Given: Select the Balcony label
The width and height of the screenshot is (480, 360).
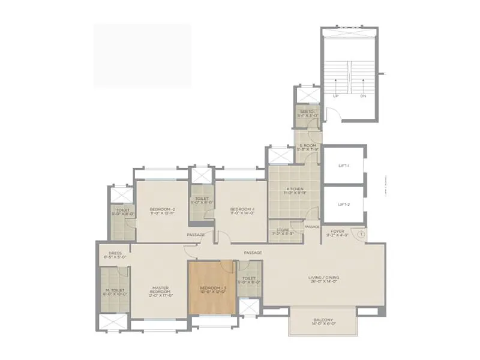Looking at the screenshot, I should tap(323, 320).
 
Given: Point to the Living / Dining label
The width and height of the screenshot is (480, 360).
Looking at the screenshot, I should tap(324, 277).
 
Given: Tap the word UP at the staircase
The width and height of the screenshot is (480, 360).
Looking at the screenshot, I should tap(336, 95).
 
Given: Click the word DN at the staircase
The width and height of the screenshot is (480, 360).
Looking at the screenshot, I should tap(363, 95).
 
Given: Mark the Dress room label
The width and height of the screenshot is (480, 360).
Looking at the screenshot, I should tap(115, 253).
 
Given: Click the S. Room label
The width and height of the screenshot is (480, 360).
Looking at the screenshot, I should tap(306, 146).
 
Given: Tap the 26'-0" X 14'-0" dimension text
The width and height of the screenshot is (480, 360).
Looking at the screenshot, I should tap(324, 283).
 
